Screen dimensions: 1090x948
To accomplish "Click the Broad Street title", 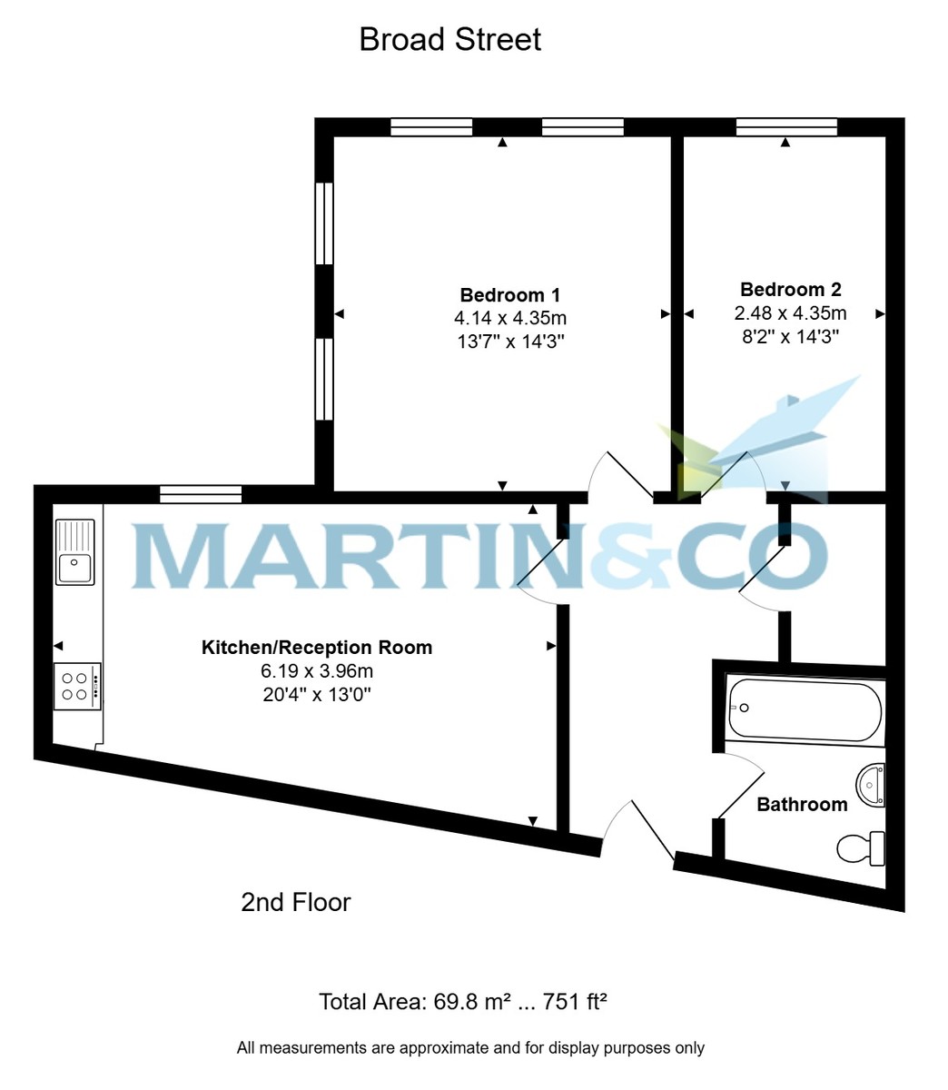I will (450, 40).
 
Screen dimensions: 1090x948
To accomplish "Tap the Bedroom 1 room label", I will (509, 295).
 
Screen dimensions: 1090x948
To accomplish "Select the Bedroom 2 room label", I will (790, 290).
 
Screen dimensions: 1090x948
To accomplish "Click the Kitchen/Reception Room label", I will (316, 648).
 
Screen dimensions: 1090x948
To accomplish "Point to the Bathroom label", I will (802, 804).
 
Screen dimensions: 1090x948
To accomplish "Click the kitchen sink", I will (74, 552).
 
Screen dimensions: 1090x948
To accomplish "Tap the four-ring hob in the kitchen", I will (76, 686).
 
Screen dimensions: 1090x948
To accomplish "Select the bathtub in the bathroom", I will (805, 709).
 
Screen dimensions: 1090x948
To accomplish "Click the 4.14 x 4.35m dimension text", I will (509, 318).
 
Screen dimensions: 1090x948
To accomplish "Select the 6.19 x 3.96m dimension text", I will (316, 672).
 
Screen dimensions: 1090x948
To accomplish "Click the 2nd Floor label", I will (295, 902).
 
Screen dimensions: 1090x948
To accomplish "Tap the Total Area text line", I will (462, 1002).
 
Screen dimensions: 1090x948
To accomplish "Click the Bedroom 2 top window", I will (785, 127).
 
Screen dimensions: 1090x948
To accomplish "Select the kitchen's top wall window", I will (201, 494).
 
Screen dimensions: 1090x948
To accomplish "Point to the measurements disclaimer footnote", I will (470, 1047).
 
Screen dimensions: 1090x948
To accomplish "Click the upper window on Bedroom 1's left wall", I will (324, 223).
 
